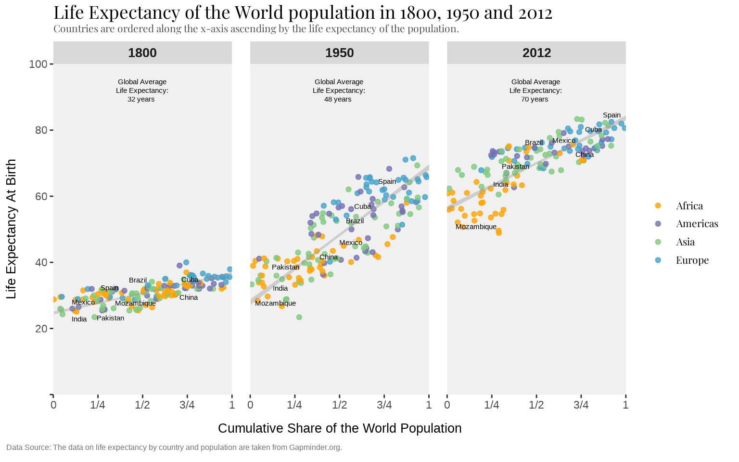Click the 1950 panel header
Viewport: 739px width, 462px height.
(339, 53)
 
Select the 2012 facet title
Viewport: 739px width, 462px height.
(536, 53)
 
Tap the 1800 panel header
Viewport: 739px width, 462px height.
(142, 53)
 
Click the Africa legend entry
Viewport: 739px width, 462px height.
(689, 206)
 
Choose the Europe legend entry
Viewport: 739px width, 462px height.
(692, 260)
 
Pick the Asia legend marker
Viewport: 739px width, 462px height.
(658, 242)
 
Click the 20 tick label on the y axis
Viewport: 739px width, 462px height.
(41, 329)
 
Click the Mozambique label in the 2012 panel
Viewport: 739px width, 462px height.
(476, 227)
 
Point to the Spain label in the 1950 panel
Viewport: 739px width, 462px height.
(387, 181)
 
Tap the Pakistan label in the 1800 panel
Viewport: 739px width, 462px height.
(110, 318)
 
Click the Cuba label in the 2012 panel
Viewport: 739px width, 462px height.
(593, 129)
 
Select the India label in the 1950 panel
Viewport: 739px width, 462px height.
(280, 288)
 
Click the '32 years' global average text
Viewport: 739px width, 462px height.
(141, 99)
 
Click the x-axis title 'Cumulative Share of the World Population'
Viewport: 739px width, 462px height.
(340, 428)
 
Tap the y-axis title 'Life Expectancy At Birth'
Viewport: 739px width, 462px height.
(12, 229)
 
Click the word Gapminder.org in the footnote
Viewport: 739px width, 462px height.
(315, 448)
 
